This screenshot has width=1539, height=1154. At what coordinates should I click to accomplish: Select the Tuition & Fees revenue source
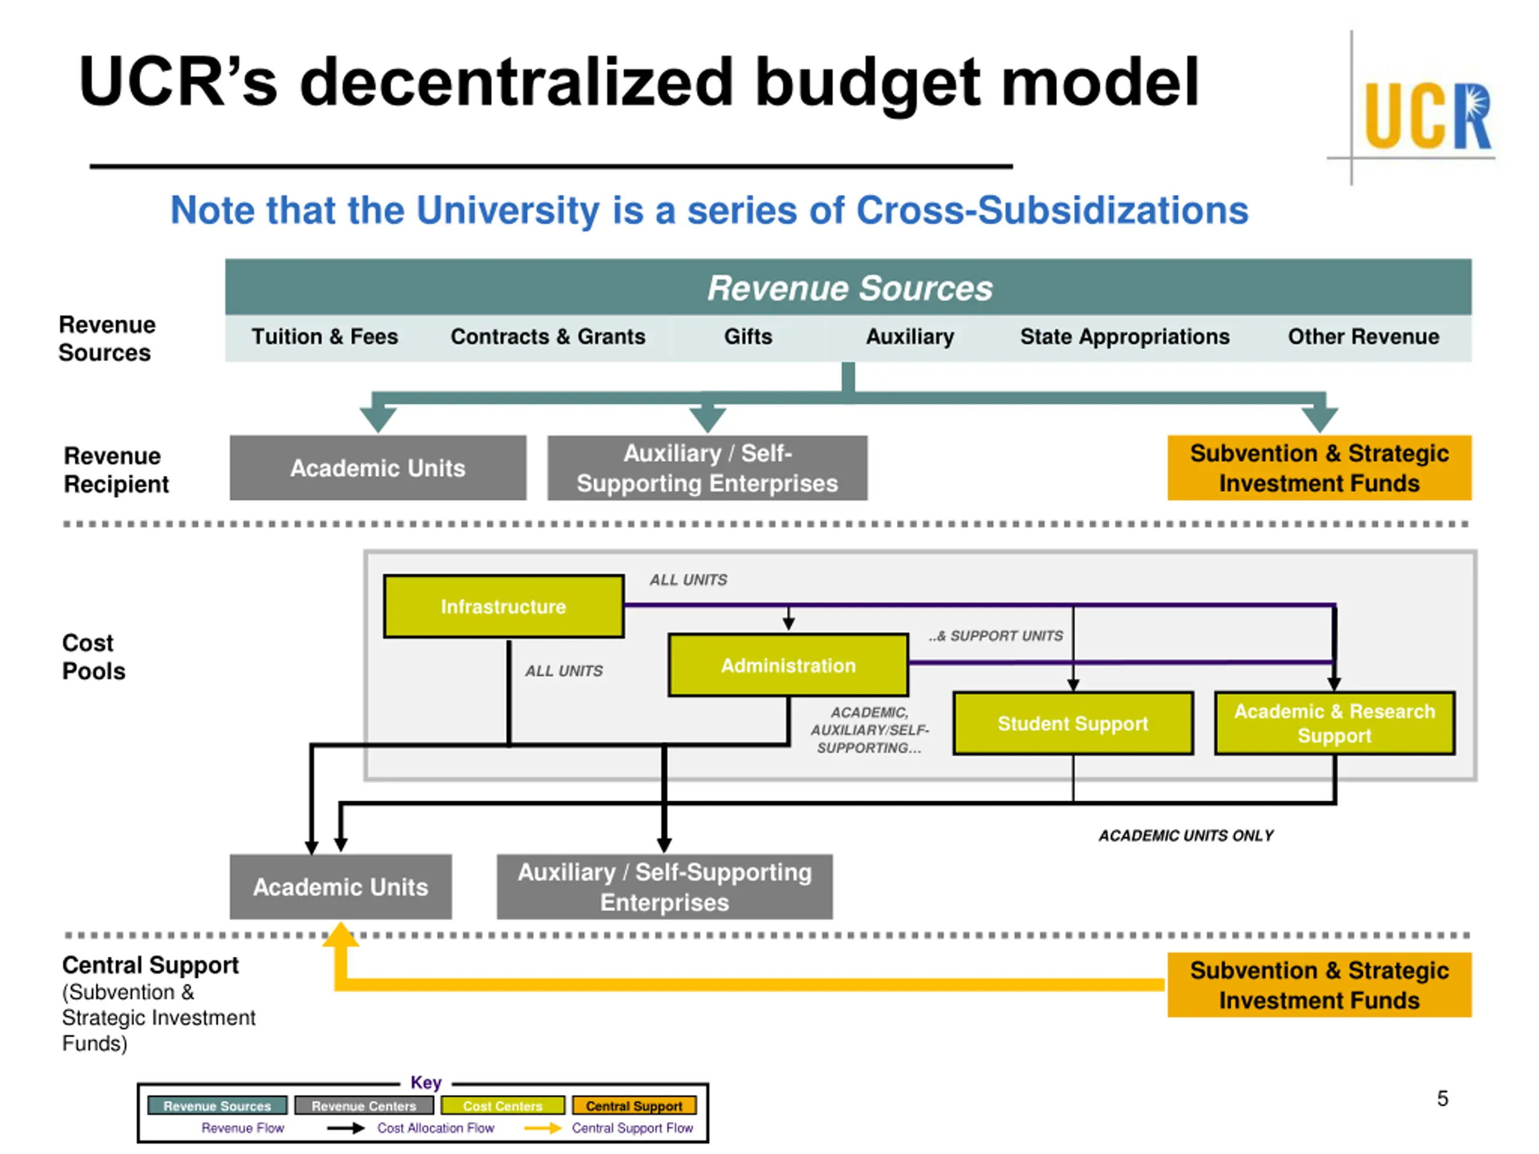(x=325, y=337)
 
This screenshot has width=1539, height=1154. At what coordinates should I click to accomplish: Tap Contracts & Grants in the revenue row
(x=548, y=337)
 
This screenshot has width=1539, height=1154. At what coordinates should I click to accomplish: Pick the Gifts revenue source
(x=748, y=337)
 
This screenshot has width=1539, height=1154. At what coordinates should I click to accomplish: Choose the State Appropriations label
(x=1125, y=337)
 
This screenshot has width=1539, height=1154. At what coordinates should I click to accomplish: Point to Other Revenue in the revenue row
(x=1363, y=337)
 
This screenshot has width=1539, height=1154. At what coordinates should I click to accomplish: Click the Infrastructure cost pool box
(x=504, y=606)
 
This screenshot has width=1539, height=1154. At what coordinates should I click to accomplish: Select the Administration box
(x=788, y=665)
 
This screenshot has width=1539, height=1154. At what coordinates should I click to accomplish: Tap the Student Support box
(x=1073, y=724)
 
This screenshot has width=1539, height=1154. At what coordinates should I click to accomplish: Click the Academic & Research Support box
(x=1335, y=724)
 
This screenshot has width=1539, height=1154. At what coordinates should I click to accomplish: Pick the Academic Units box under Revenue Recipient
(x=378, y=468)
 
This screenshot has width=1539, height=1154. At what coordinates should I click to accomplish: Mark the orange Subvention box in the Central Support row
(x=1319, y=985)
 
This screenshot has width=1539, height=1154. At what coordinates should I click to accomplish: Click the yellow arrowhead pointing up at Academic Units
(x=341, y=934)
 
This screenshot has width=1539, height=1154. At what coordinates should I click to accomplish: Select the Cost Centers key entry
(x=503, y=1105)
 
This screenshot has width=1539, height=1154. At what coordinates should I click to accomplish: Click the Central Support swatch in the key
(x=634, y=1105)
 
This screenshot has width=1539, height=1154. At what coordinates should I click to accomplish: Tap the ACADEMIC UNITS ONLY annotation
(x=1186, y=835)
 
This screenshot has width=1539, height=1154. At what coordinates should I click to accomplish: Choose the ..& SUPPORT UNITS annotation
(x=996, y=636)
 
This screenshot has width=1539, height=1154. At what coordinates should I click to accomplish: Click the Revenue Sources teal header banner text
(x=849, y=288)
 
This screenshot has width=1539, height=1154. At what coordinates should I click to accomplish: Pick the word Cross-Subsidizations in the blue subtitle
(x=1052, y=210)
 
